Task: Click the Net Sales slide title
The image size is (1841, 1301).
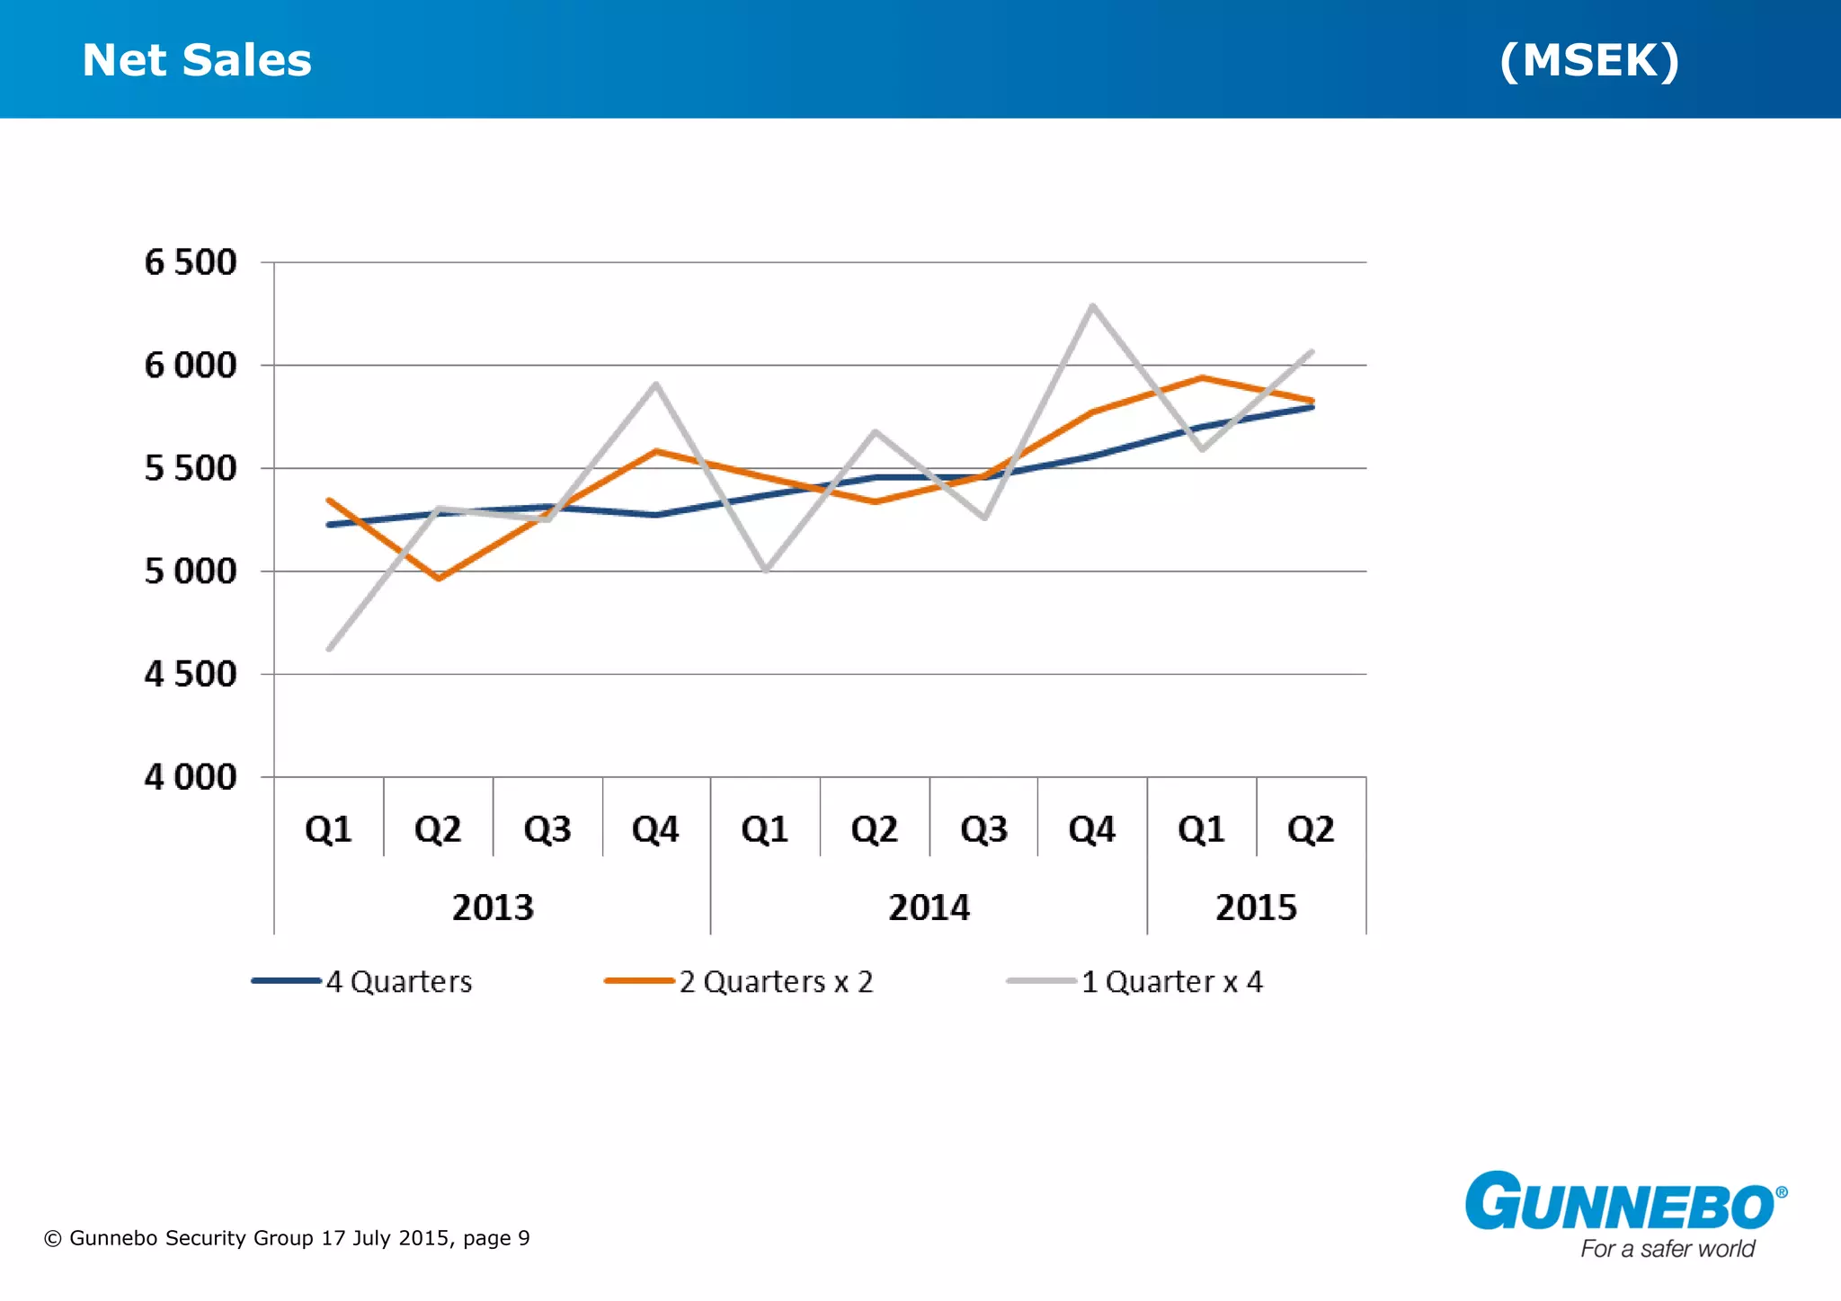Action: [x=197, y=60]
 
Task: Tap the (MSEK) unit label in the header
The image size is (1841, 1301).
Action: [x=1588, y=60]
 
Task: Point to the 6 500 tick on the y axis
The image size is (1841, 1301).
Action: [x=191, y=262]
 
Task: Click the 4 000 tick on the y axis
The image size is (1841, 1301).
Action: [x=191, y=777]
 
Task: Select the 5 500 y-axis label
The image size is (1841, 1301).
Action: [x=191, y=468]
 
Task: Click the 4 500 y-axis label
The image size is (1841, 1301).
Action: [x=191, y=674]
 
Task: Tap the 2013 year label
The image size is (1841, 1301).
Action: [x=493, y=907]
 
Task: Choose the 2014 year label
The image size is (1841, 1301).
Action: [x=929, y=907]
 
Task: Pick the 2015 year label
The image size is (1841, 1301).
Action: [x=1256, y=907]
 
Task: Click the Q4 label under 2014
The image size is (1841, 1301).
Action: [x=1091, y=829]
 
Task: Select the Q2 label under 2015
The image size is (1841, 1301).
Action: [x=1311, y=829]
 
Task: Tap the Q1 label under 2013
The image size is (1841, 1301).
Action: [x=328, y=829]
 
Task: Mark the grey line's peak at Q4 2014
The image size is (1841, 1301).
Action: [x=1092, y=306]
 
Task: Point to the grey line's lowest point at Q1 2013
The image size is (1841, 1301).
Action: [x=329, y=649]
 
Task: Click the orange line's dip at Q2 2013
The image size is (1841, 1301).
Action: [x=439, y=579]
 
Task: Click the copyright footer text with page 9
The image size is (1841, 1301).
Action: [x=287, y=1238]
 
